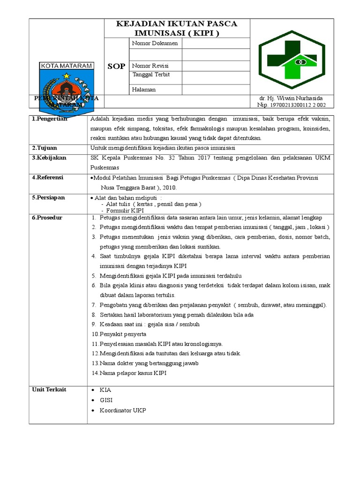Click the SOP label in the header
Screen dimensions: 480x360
(x=116, y=66)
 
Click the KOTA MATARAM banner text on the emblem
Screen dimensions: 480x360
(x=67, y=66)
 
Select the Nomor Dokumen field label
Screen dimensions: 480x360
(x=155, y=44)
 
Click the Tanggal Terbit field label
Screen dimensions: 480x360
(x=151, y=75)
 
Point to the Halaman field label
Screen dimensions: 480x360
(x=144, y=89)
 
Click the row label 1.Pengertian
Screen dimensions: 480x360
(x=50, y=119)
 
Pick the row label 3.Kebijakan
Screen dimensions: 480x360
(x=49, y=158)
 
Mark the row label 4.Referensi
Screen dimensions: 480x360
(x=48, y=178)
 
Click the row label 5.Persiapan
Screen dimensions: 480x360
(x=48, y=197)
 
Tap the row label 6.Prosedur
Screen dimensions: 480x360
(x=47, y=218)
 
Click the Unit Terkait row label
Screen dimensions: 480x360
(x=49, y=390)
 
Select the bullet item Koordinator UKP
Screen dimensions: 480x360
(x=123, y=410)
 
